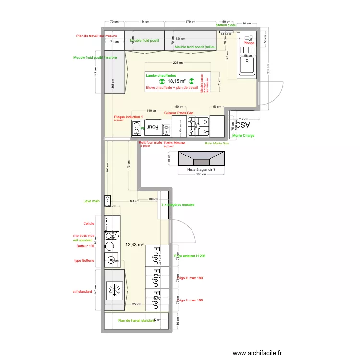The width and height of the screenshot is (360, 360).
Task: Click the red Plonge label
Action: pos(249,43)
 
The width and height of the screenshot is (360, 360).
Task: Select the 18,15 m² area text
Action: pos(177,82)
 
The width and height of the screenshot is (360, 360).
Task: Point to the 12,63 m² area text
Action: pos(134,244)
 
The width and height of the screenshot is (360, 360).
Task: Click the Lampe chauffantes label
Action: pos(161,75)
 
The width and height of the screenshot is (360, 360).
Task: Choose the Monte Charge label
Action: pos(244,136)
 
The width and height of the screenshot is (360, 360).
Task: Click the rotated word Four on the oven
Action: pos(153,127)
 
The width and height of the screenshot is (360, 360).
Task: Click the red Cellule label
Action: pos(88,223)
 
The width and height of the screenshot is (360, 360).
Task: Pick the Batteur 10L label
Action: pos(85,246)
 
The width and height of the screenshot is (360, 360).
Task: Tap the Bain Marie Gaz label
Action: pos(217,143)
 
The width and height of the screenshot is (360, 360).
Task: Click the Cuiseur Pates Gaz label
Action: pos(179,113)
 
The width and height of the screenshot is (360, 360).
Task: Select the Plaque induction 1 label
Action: pos(128,117)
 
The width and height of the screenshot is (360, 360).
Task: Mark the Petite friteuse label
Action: pos(174,143)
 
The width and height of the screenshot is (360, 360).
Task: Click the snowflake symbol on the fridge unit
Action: pos(114,290)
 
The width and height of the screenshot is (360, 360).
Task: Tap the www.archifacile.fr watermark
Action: pos(258,353)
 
